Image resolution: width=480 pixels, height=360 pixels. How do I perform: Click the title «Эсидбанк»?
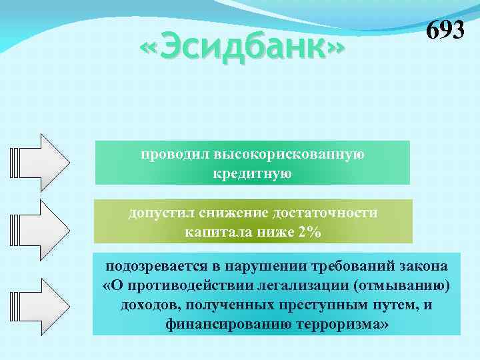point(243,49)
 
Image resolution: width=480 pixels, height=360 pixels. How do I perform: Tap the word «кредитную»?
point(252,175)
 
